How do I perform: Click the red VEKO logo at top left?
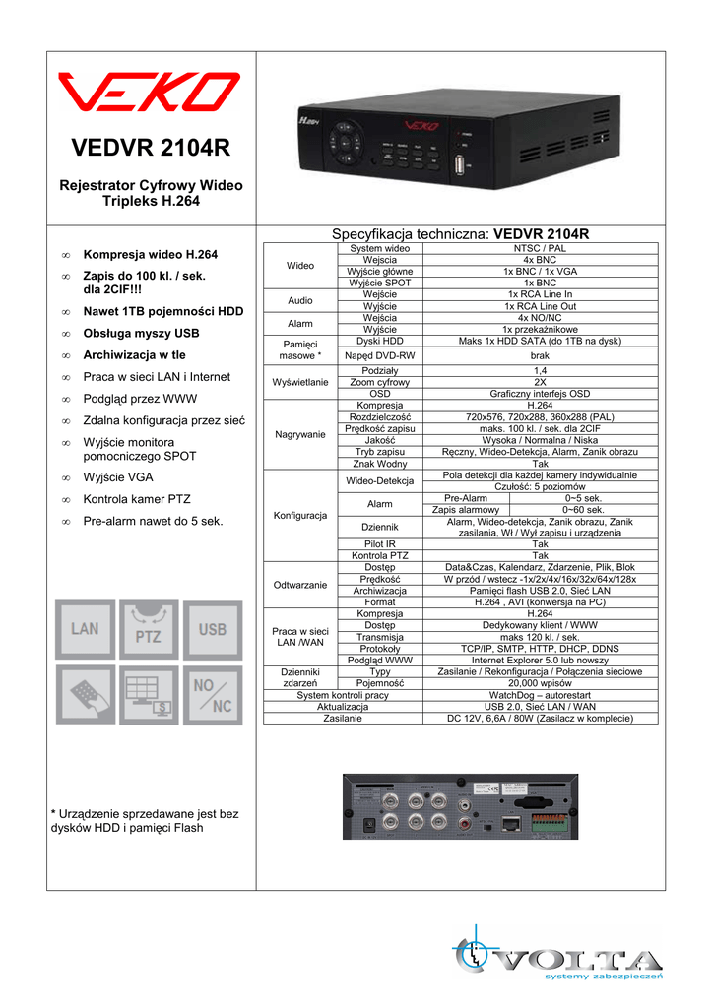tap(149, 93)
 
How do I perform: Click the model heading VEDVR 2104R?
tap(151, 148)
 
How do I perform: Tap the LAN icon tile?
tap(85, 629)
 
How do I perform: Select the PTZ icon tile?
tap(149, 629)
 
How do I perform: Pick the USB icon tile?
tap(213, 629)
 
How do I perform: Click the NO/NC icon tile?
tap(213, 694)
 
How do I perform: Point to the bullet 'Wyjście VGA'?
tap(117, 477)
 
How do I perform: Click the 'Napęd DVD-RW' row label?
tap(379, 355)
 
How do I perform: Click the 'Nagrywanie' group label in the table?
tap(300, 434)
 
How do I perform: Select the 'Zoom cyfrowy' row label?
tap(379, 381)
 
